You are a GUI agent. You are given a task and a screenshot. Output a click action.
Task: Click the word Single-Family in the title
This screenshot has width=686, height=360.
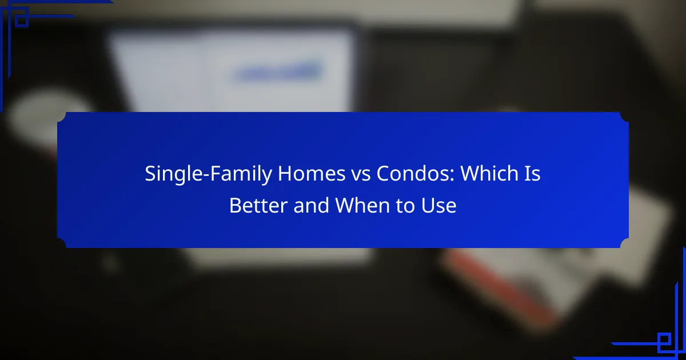tap(208, 174)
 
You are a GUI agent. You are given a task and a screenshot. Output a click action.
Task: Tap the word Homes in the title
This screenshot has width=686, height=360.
tap(312, 174)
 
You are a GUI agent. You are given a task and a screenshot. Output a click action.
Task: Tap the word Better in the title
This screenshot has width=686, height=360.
tap(258, 205)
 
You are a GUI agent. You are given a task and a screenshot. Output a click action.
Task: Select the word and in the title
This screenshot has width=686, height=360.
tap(311, 205)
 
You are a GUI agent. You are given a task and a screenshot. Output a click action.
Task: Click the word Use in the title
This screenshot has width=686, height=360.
tap(439, 205)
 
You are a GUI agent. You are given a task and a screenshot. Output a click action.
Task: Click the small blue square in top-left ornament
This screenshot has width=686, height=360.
tap(22, 21)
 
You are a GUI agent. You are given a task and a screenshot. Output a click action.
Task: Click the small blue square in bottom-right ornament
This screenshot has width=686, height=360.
tap(664, 339)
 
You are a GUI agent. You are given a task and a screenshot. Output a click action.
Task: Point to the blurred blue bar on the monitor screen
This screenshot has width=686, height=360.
tap(277, 72)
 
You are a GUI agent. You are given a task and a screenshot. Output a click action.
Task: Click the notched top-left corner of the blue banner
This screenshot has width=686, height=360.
tap(61, 117)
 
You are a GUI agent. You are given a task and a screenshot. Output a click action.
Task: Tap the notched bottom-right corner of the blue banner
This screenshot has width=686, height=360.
tap(624, 243)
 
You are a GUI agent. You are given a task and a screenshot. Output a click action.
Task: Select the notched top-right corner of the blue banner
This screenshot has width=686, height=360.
tap(624, 117)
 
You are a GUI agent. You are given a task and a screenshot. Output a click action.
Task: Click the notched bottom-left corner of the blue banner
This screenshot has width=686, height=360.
tap(61, 243)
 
